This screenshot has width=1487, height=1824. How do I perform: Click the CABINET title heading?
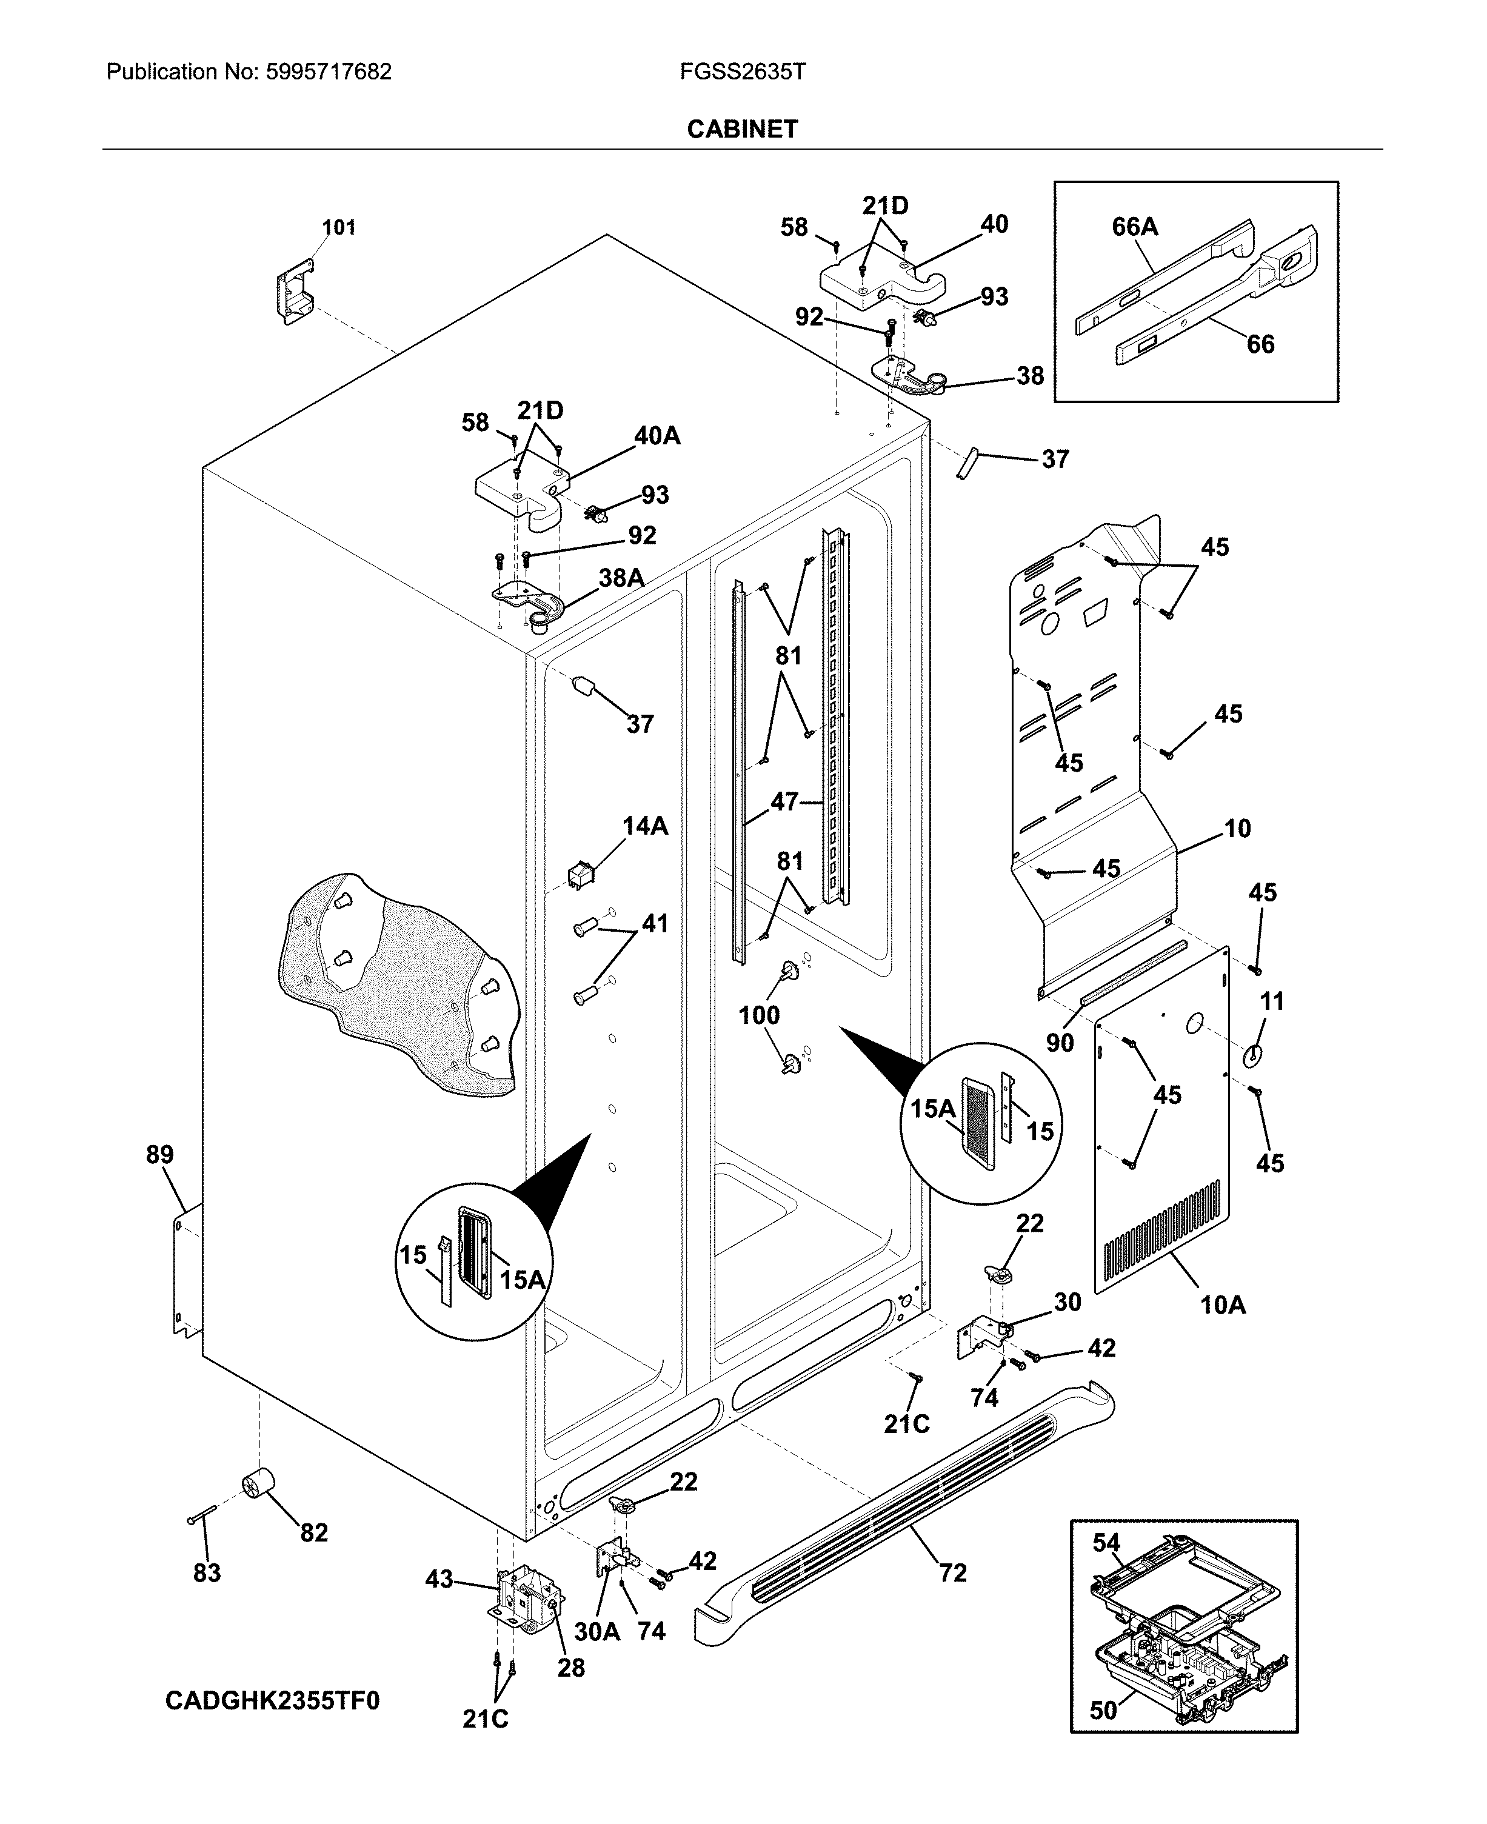(x=742, y=129)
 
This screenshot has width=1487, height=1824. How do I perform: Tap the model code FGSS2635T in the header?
(x=743, y=72)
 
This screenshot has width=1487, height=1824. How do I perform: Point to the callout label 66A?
(x=1134, y=227)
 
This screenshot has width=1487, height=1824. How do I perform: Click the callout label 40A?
(x=657, y=436)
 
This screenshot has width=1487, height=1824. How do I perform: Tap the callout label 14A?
(x=644, y=826)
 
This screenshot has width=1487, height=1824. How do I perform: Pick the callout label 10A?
(x=1222, y=1305)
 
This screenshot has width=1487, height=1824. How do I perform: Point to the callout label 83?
(x=207, y=1572)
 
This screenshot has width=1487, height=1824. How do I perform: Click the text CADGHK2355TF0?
(x=272, y=1700)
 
